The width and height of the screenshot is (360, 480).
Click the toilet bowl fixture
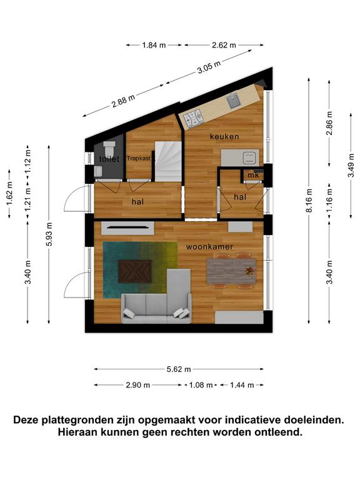coord(109,148)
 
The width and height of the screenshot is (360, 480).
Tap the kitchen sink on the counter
coord(234,101)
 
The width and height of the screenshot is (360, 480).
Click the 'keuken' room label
coord(224,136)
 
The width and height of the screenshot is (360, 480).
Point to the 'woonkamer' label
coord(209,247)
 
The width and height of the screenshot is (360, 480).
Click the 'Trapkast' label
coord(139,159)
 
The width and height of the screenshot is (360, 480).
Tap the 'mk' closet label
coord(253,175)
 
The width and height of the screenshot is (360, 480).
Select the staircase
coord(167,161)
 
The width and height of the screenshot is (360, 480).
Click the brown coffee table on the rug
coord(135,271)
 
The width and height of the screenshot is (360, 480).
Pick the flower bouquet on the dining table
coord(250,271)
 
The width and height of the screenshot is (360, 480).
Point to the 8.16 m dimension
coord(309,201)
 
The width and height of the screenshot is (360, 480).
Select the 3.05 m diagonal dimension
coord(209,67)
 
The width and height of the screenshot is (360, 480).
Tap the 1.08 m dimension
coord(201,385)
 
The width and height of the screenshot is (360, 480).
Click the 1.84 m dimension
coord(154,45)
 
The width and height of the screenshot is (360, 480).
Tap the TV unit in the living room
coord(127,228)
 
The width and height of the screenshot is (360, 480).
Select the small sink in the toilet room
coord(98,171)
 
